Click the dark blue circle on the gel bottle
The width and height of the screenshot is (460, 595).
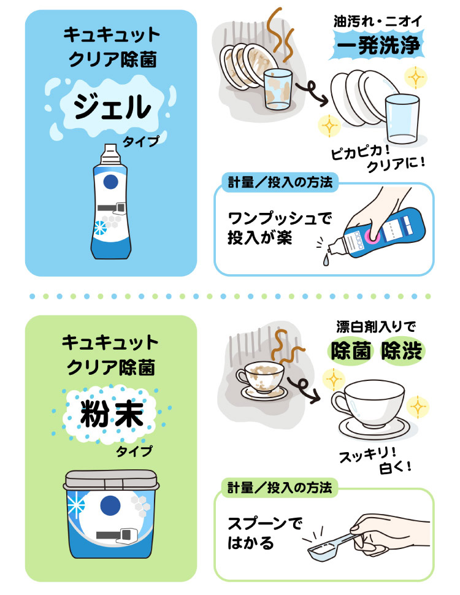coord(110,182)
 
